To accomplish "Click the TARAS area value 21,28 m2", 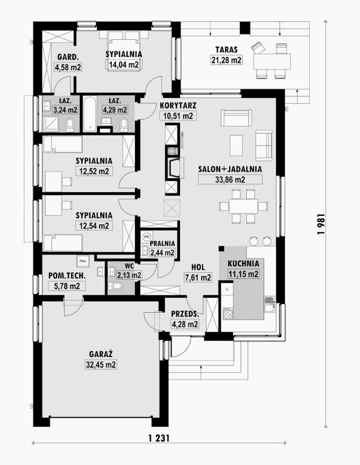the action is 227,60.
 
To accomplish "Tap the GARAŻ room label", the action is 101,354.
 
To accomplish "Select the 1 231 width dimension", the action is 159,437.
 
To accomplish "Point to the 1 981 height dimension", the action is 321,224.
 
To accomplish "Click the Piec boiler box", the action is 83,261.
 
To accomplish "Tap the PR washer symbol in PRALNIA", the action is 146,236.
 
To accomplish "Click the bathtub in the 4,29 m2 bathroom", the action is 89,114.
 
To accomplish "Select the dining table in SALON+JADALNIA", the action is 244,206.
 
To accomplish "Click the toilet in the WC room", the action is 115,286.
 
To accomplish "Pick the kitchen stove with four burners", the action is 228,314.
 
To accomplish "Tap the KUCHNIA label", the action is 244,263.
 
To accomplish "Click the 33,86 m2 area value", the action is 230,179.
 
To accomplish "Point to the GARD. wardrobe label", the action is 68,57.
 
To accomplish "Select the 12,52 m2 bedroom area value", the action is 94,171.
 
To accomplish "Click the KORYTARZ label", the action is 178,106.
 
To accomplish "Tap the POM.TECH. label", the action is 67,276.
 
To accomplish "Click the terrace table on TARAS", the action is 272,62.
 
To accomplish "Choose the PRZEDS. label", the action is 185,314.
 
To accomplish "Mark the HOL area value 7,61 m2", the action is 198,278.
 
